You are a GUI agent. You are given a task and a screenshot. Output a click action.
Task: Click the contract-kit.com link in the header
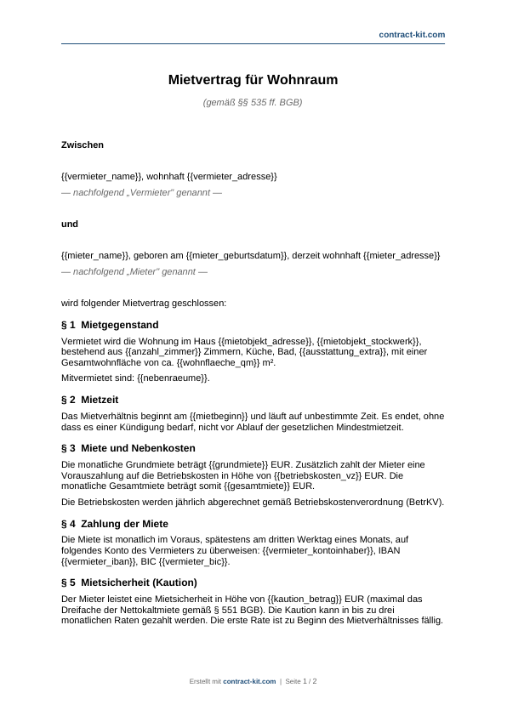[412, 34]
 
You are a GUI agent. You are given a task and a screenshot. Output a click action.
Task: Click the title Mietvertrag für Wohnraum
[253, 80]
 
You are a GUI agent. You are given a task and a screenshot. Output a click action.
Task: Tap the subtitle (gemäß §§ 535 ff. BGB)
[253, 102]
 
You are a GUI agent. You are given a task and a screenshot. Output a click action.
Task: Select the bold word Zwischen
[83, 145]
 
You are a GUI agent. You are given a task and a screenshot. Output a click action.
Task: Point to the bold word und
[70, 224]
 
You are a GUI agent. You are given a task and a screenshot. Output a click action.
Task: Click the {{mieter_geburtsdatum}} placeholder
[242, 255]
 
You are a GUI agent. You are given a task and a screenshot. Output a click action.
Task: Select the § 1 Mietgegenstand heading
[110, 325]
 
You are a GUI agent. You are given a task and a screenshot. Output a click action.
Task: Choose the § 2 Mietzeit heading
[89, 399]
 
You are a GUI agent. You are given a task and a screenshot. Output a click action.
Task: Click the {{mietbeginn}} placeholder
[219, 415]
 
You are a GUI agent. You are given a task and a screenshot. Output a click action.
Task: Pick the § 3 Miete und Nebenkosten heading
[128, 447]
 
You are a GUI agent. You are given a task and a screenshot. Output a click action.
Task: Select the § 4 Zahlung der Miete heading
[115, 524]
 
